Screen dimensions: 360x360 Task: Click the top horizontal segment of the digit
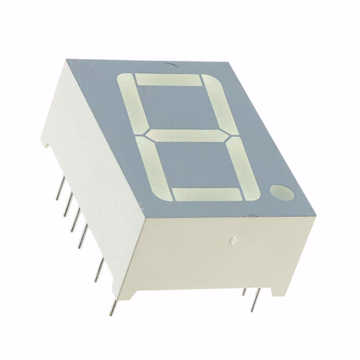click(168, 80)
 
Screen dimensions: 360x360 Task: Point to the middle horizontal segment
click(188, 136)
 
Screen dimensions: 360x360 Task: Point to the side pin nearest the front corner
click(114, 307)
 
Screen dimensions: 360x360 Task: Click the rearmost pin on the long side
click(59, 191)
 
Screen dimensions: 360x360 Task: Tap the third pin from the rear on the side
click(74, 222)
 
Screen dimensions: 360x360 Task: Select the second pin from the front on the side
click(98, 269)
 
